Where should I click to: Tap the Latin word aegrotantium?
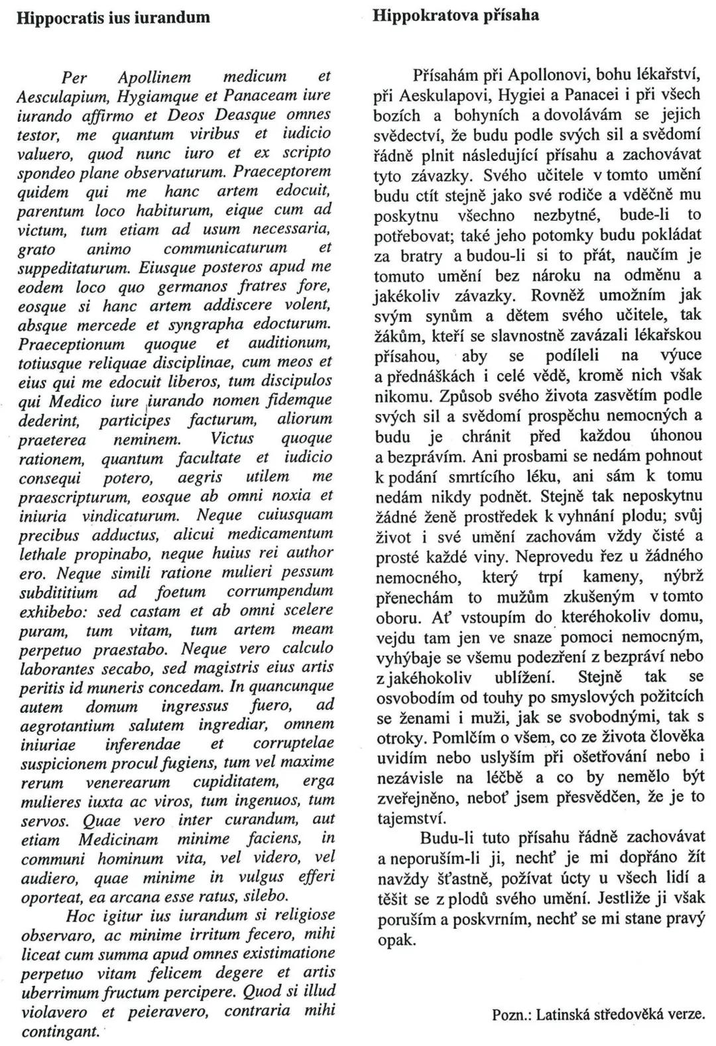point(68,725)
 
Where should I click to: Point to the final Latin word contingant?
point(59,1031)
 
